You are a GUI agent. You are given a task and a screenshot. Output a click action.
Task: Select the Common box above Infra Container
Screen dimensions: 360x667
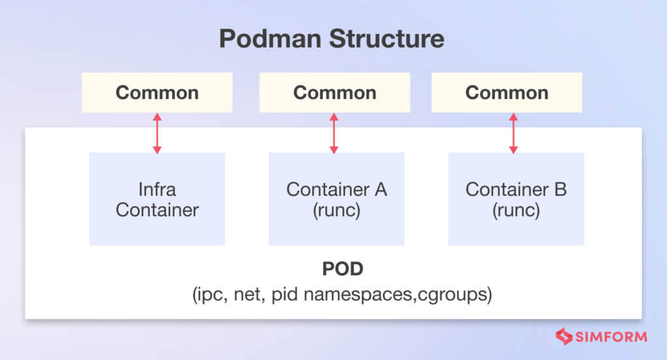coord(157,92)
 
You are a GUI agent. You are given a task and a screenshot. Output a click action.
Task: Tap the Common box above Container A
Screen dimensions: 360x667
coord(335,92)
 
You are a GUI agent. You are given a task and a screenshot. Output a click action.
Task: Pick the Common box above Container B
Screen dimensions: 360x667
coord(507,92)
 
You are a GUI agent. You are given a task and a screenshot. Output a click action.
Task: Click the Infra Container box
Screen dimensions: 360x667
coord(157,199)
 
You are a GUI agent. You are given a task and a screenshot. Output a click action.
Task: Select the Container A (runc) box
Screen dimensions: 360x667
coord(337,199)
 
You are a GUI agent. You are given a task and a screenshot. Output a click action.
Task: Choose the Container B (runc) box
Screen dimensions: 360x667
coord(516,199)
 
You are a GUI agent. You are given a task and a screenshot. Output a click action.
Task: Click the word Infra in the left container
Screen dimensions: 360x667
coord(157,189)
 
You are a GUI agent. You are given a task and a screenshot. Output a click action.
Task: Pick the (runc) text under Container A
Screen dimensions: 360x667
coord(337,211)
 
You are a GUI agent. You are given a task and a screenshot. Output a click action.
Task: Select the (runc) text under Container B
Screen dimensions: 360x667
coord(516,211)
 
